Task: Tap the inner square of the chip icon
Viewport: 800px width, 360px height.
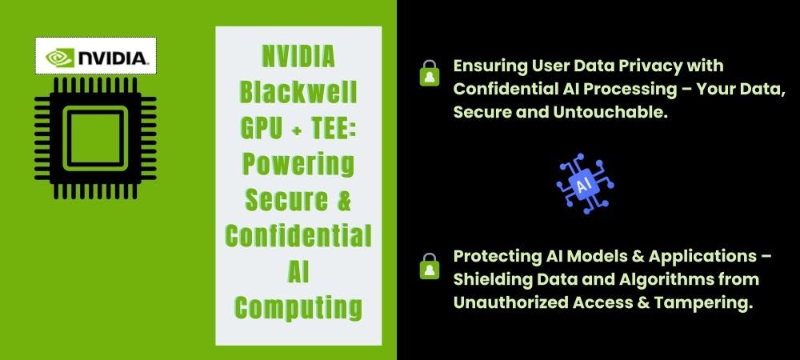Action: click(x=95, y=138)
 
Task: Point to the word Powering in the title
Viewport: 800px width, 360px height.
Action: click(x=298, y=164)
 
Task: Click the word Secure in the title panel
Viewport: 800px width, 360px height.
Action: click(x=286, y=199)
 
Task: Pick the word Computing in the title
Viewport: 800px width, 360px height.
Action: click(x=298, y=307)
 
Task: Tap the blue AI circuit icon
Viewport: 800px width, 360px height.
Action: click(x=585, y=183)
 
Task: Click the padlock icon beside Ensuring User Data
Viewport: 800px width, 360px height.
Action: click(x=430, y=73)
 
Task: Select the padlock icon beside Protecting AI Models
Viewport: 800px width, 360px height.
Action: click(x=430, y=266)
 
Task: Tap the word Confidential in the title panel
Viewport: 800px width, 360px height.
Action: click(x=298, y=235)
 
